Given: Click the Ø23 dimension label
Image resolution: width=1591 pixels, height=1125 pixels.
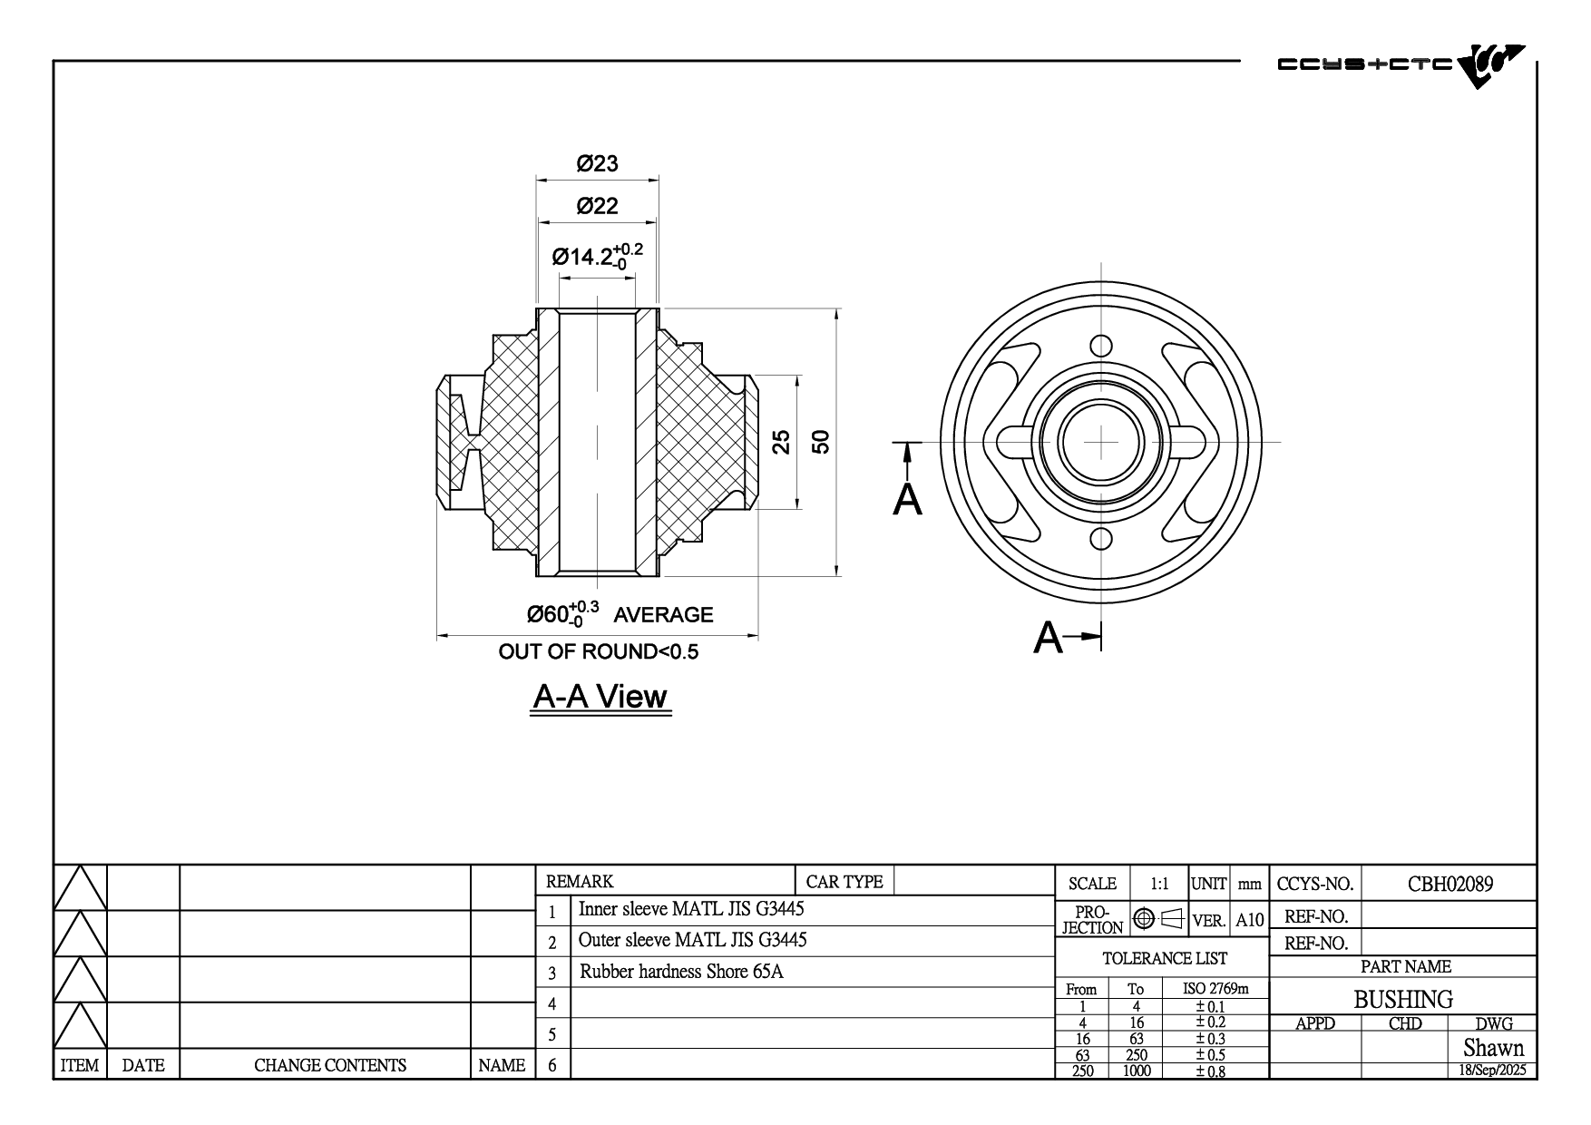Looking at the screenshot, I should (597, 163).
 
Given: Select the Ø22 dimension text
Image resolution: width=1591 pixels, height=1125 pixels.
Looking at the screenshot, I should (597, 206).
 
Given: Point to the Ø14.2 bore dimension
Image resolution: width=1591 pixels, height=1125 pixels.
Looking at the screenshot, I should (597, 256).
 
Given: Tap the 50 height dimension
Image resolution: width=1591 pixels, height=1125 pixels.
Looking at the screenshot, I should (821, 442).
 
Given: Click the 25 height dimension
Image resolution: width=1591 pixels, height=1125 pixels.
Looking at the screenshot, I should (781, 442).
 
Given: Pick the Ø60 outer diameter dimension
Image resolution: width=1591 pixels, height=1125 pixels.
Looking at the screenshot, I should (562, 614).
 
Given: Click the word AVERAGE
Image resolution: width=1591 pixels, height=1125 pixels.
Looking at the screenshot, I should (663, 615).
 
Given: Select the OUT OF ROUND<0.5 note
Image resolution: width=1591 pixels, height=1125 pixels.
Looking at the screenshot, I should (599, 651).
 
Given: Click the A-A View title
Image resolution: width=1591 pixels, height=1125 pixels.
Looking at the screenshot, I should (600, 697).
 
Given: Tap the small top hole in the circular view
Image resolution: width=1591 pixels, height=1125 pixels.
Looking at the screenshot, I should (1100, 346).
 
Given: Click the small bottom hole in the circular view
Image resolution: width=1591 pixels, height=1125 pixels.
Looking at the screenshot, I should (1100, 539).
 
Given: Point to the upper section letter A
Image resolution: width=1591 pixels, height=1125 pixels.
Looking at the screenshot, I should (907, 499).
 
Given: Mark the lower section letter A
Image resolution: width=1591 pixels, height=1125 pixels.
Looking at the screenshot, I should (1048, 638).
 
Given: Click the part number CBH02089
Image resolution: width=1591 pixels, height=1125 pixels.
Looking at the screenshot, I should (1449, 884).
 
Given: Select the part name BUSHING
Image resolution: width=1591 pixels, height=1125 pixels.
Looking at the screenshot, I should (1402, 999).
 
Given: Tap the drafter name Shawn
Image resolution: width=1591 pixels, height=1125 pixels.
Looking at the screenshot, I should (1493, 1048).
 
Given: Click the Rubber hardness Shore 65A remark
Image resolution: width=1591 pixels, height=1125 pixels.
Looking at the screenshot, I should (681, 972).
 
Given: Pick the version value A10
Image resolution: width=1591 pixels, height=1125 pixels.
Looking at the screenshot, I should (1249, 920).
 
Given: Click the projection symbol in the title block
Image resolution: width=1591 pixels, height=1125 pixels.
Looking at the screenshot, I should (1158, 919).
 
